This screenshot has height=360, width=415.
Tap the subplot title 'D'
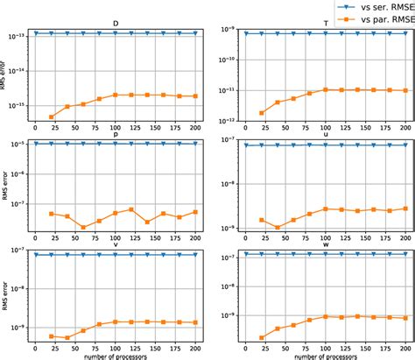point(117,24)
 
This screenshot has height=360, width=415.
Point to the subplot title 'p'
point(117,135)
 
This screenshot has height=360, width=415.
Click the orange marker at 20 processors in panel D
point(51,117)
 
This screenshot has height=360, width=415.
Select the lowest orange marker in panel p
point(83,228)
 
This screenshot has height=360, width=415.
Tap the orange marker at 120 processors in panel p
point(130,209)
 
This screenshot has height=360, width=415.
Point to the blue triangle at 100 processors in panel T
point(325,33)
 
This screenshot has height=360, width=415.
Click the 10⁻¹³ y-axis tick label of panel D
point(18,36)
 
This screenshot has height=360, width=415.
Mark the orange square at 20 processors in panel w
point(261,337)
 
